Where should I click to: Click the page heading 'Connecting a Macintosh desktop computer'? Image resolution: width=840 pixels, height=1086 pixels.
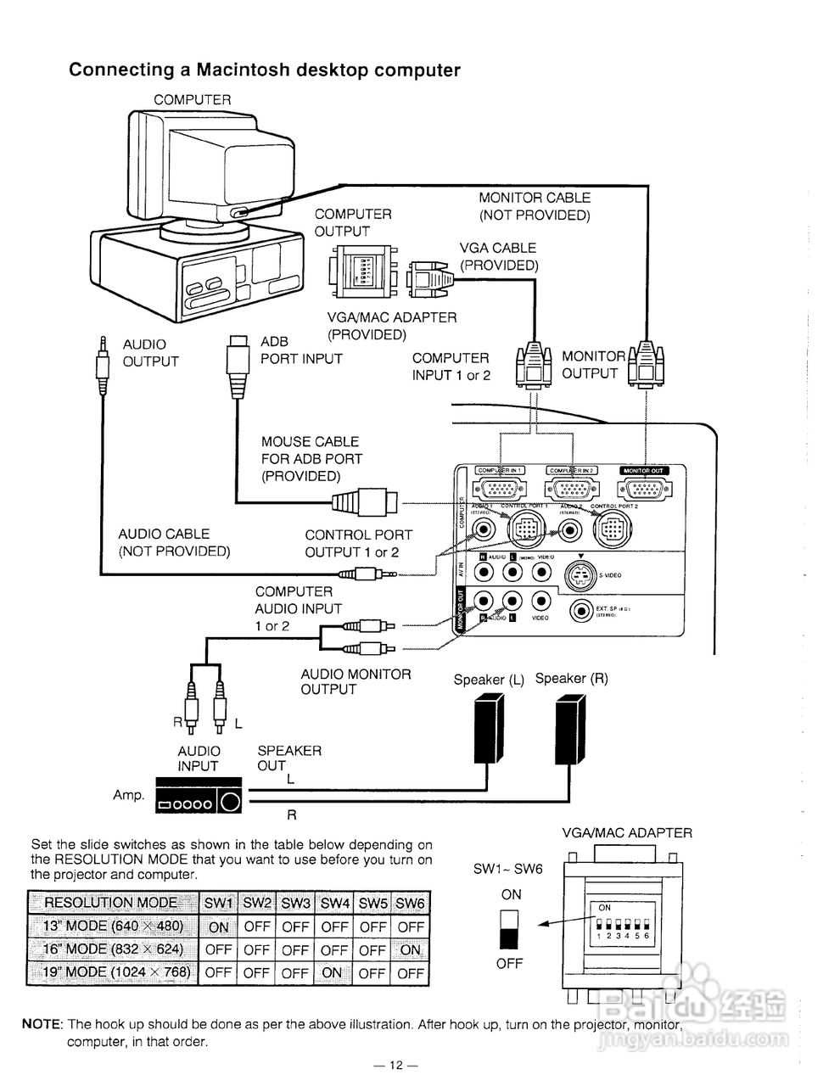click(x=264, y=70)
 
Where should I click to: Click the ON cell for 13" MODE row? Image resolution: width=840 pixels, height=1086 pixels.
click(x=218, y=927)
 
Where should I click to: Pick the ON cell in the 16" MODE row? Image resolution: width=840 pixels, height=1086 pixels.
click(x=411, y=950)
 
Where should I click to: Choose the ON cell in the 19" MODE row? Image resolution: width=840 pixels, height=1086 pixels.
click(x=333, y=973)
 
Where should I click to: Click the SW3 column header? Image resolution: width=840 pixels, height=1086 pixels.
click(x=295, y=904)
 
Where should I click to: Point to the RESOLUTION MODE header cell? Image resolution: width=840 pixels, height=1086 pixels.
click(x=111, y=903)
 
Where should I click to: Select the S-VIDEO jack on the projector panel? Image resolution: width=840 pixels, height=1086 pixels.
click(x=580, y=574)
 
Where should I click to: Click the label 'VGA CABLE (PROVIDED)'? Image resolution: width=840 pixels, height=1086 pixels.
click(x=498, y=256)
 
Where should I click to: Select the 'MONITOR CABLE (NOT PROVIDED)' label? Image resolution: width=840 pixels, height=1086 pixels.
click(x=534, y=206)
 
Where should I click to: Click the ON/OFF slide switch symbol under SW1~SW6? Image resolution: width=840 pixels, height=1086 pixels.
click(x=510, y=930)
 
